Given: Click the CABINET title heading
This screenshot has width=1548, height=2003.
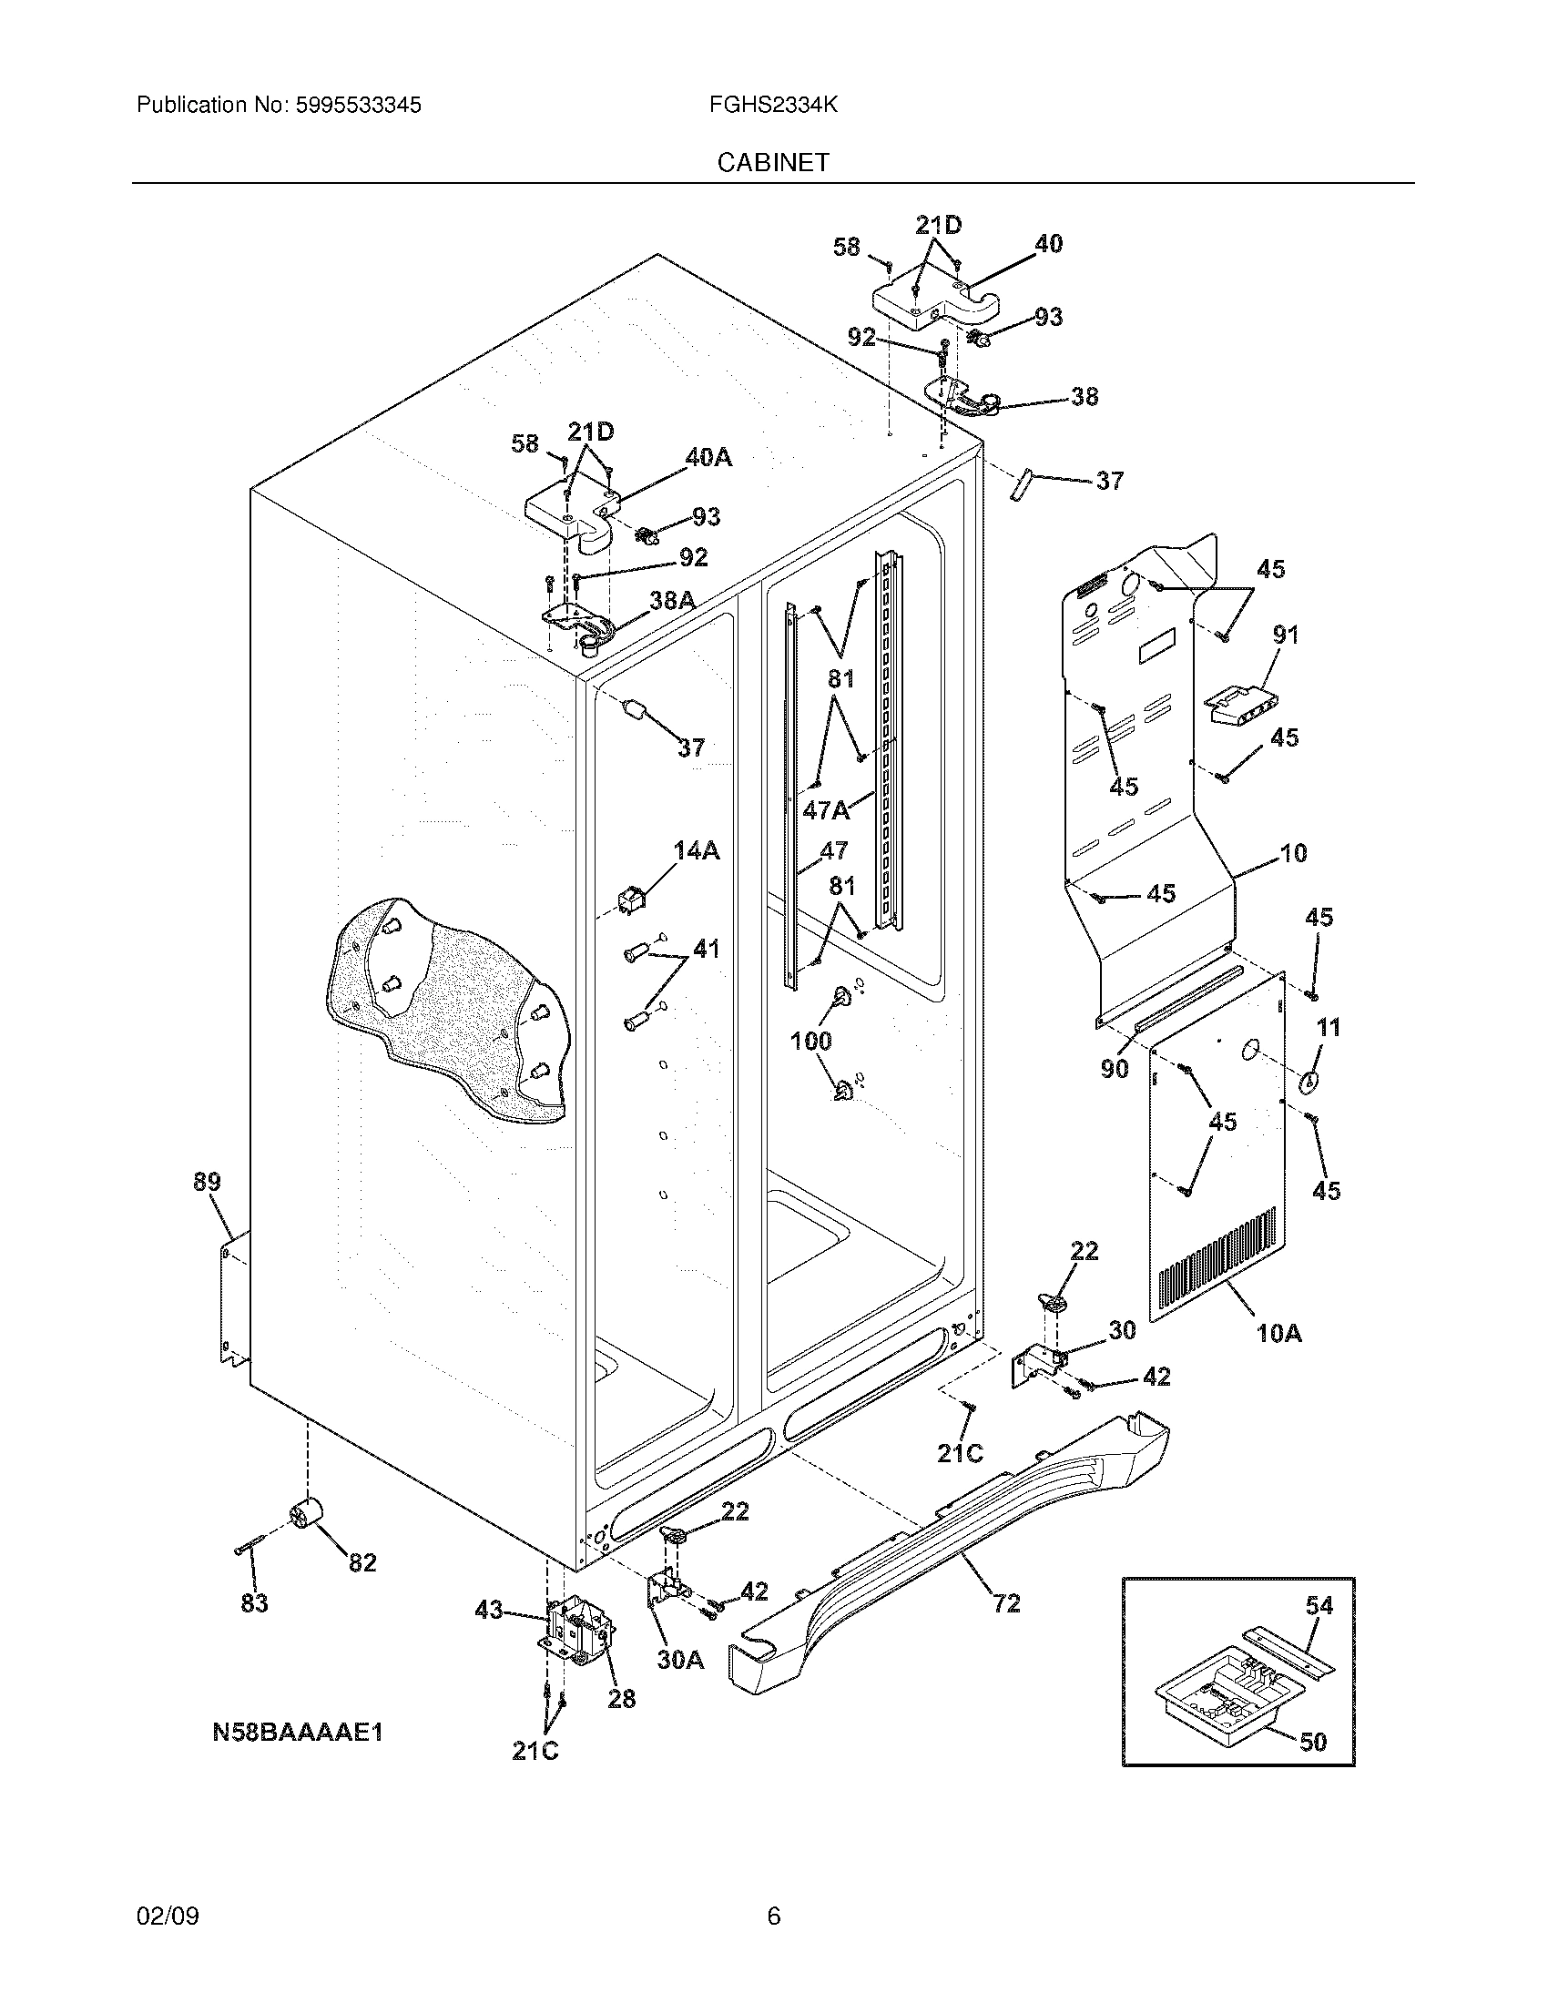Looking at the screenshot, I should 772,162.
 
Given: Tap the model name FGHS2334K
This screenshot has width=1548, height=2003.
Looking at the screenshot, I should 772,106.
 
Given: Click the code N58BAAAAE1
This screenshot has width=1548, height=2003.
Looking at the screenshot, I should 297,1732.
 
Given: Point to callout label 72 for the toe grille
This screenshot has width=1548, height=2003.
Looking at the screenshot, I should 1006,1603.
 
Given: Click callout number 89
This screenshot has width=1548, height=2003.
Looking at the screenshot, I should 208,1182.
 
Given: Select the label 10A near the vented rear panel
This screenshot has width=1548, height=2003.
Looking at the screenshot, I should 1278,1333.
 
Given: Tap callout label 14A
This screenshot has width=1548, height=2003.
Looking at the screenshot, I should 696,851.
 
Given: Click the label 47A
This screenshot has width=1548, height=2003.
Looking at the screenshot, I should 825,809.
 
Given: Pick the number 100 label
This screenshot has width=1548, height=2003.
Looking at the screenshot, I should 810,1040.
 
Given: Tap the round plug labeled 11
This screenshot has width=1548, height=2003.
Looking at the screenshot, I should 1309,1083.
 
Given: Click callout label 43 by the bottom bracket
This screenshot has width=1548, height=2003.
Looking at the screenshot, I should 489,1610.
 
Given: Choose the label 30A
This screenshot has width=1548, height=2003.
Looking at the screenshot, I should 679,1658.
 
